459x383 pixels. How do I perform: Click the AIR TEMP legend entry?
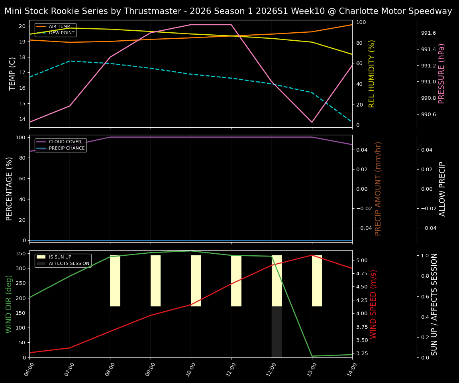coord(59,27)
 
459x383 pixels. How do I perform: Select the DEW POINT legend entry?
coord(61,33)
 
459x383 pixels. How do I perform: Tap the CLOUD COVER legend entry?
coord(65,142)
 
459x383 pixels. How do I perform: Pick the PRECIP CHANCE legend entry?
coord(67,148)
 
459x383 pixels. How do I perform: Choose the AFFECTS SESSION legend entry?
coord(69,264)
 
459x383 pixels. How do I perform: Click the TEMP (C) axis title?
coord(12,73)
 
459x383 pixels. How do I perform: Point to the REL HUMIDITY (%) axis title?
coord(372,73)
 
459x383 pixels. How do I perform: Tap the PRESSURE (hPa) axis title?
coord(441,73)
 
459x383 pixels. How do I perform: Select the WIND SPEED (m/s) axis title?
coord(373,304)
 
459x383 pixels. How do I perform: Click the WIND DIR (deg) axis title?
coord(9,304)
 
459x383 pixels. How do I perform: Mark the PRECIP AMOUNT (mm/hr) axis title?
coord(378,189)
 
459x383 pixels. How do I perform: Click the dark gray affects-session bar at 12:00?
coord(277,332)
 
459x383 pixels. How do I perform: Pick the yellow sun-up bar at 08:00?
coord(115,281)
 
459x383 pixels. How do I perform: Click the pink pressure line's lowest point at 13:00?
coord(312,122)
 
